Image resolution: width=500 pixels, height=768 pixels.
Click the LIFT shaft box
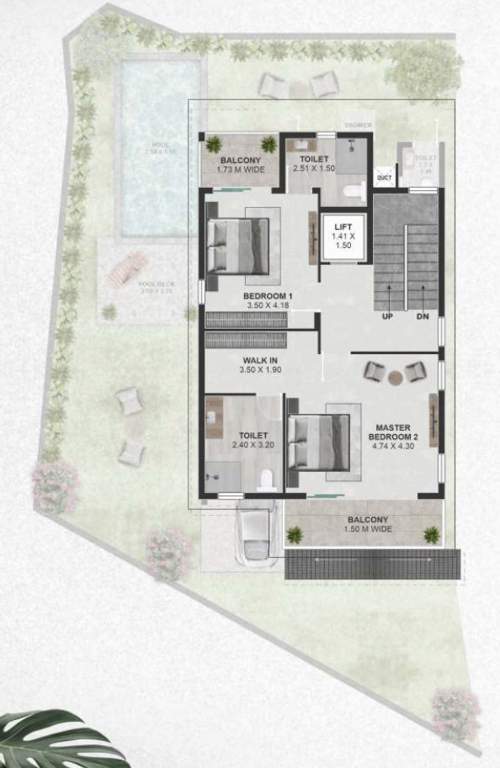(342, 237)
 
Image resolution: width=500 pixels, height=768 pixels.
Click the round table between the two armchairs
(395, 377)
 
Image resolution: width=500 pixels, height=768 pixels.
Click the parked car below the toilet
(255, 534)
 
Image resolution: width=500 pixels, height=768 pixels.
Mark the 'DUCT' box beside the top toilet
(383, 178)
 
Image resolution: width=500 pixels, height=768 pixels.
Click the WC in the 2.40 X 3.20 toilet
(265, 481)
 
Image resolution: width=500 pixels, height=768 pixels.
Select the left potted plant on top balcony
(213, 145)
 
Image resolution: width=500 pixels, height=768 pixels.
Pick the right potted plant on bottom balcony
(431, 535)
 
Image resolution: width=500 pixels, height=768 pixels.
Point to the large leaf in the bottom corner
(50, 740)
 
